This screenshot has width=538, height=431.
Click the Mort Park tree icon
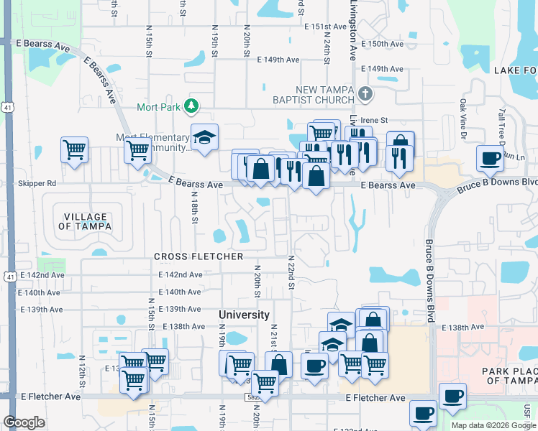191,107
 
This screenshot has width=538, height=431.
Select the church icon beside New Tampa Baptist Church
365,93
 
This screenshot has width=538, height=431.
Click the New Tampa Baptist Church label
318,93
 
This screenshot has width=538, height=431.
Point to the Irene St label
373,120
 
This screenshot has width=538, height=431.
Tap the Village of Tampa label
85,221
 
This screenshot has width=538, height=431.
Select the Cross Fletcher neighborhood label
198,256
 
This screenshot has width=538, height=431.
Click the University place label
245,315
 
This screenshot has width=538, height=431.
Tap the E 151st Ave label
326,27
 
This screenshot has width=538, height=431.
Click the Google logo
24,422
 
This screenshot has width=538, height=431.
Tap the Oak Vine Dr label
463,119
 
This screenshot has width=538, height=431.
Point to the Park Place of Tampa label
506,375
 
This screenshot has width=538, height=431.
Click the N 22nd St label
291,272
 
